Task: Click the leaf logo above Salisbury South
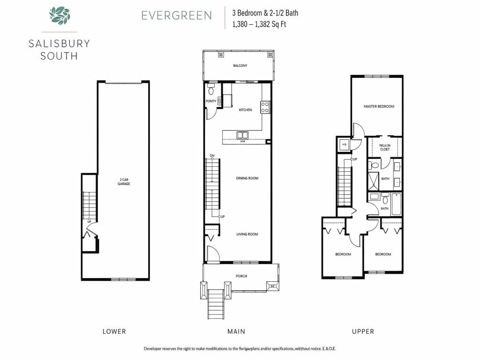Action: pyautogui.click(x=60, y=15)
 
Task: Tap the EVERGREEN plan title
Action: pyautogui.click(x=176, y=15)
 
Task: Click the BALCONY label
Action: pyautogui.click(x=240, y=66)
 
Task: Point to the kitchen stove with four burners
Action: pyautogui.click(x=265, y=107)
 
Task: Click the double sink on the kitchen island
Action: pyautogui.click(x=243, y=135)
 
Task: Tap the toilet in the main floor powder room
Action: pyautogui.click(x=211, y=89)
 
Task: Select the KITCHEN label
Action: pyautogui.click(x=245, y=110)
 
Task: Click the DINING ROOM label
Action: pyautogui.click(x=247, y=178)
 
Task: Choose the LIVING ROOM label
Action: pyautogui.click(x=247, y=234)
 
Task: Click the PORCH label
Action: pyautogui.click(x=241, y=276)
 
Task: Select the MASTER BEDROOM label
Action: pyautogui.click(x=379, y=106)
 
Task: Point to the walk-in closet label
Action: pyautogui.click(x=385, y=147)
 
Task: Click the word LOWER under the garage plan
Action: pyautogui.click(x=114, y=331)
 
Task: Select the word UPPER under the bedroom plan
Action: pyautogui.click(x=363, y=331)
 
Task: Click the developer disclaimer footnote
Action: pyautogui.click(x=240, y=349)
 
